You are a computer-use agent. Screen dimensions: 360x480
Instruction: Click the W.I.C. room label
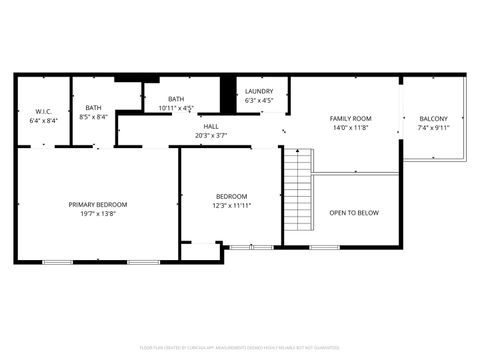pyautogui.click(x=44, y=110)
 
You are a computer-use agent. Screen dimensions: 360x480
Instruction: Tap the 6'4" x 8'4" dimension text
pyautogui.click(x=44, y=120)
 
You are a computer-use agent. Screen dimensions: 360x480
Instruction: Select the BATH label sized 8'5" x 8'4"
pyautogui.click(x=93, y=108)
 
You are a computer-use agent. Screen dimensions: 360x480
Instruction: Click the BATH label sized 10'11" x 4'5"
pyautogui.click(x=176, y=99)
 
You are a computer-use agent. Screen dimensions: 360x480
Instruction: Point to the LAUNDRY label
pyautogui.click(x=260, y=91)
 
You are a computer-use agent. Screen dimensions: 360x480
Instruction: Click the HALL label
pyautogui.click(x=211, y=126)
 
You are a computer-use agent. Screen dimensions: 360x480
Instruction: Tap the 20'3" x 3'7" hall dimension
pyautogui.click(x=211, y=136)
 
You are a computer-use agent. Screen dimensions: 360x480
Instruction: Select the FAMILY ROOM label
pyautogui.click(x=351, y=118)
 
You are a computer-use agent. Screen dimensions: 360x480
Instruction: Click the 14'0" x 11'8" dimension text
pyautogui.click(x=351, y=128)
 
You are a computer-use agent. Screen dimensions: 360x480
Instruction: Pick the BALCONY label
pyautogui.click(x=433, y=119)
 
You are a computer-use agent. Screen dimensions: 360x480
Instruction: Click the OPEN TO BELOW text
pyautogui.click(x=354, y=212)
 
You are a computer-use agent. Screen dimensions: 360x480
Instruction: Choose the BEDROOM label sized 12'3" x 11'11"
pyautogui.click(x=232, y=195)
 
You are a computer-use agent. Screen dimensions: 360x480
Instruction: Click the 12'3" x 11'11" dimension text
pyautogui.click(x=232, y=205)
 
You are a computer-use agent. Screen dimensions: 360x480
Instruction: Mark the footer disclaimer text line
pyautogui.click(x=240, y=349)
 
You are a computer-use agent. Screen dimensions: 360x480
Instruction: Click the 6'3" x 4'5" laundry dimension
pyautogui.click(x=260, y=101)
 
